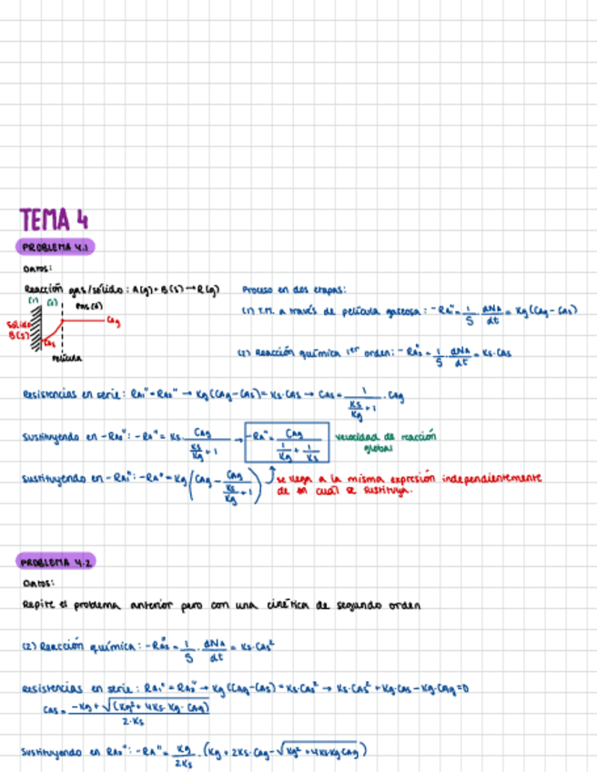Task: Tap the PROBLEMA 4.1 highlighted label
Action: tap(56, 248)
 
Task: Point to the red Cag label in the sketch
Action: tap(113, 320)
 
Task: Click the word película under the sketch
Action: tap(66, 359)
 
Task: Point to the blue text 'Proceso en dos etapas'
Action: tap(294, 290)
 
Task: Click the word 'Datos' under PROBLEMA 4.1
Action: tap(36, 269)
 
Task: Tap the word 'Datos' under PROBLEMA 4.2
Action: tap(36, 584)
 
